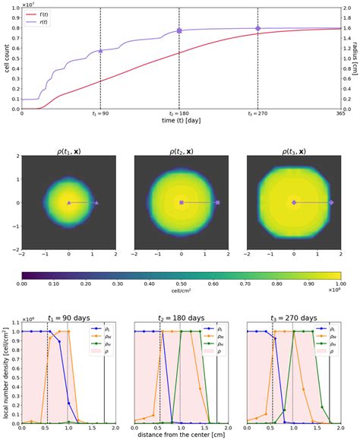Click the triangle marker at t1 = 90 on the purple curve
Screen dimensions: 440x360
(x=100, y=51)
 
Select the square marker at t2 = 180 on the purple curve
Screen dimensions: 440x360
(x=179, y=31)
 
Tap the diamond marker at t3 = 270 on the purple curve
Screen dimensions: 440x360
(x=257, y=28)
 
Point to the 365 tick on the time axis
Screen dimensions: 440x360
(x=336, y=113)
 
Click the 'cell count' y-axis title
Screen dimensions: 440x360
(x=6, y=58)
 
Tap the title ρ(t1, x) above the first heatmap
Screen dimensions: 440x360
(x=69, y=150)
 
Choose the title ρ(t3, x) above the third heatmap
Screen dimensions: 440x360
(x=294, y=150)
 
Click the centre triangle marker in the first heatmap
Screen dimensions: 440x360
(x=69, y=203)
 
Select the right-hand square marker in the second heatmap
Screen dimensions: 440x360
(x=218, y=203)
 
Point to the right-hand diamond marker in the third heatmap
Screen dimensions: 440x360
(x=330, y=203)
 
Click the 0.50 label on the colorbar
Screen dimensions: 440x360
(x=182, y=283)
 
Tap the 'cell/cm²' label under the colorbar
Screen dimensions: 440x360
(x=182, y=293)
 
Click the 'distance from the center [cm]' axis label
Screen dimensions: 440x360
(x=182, y=435)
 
